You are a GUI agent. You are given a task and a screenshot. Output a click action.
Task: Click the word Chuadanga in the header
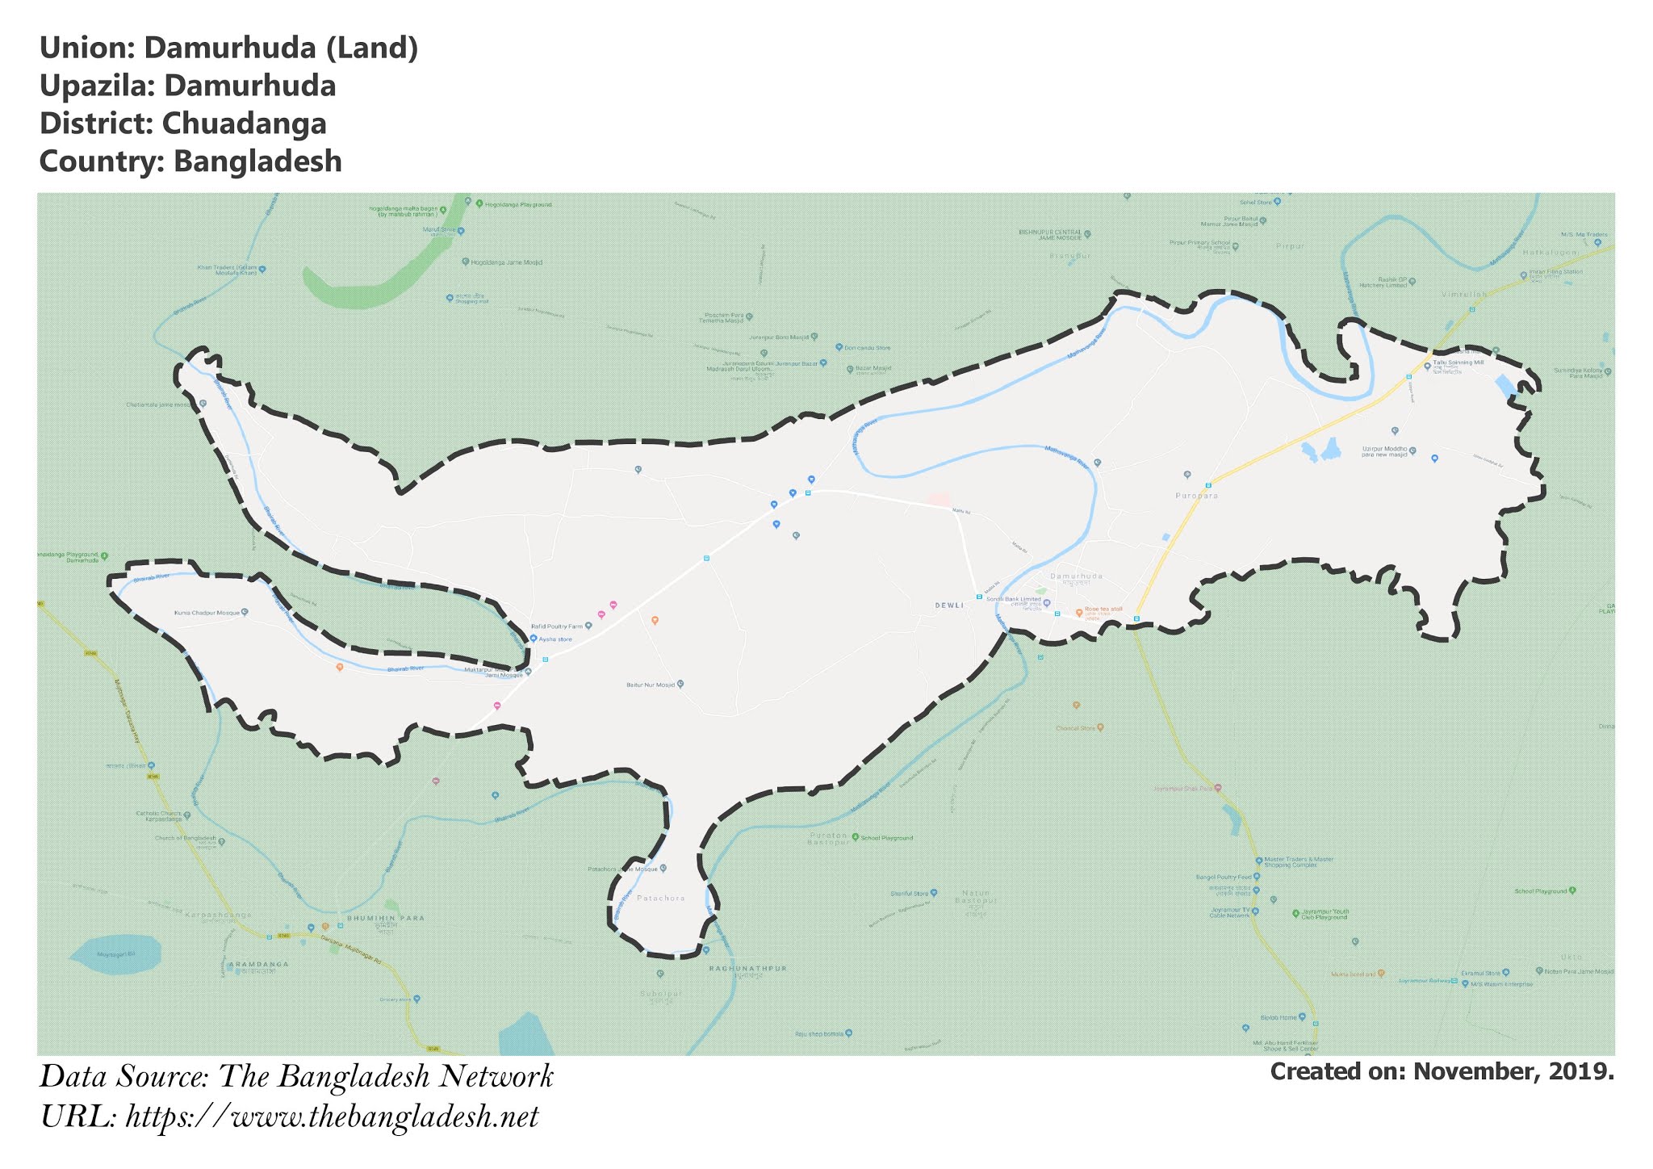click(244, 124)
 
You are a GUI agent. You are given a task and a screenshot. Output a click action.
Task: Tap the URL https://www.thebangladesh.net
click(332, 1117)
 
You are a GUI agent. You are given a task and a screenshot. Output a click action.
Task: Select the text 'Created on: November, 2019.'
click(1442, 1071)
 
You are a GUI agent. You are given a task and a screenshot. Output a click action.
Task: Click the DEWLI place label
click(949, 605)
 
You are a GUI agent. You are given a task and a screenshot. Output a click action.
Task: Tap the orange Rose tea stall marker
click(1079, 613)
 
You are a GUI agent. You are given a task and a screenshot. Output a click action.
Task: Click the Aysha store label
click(555, 639)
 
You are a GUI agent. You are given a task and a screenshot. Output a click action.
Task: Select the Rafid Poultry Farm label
click(557, 626)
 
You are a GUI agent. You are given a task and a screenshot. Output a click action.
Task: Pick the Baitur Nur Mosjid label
click(650, 685)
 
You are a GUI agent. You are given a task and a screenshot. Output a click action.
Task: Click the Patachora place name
click(660, 898)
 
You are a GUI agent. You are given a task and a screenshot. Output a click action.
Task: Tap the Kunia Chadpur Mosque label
click(207, 613)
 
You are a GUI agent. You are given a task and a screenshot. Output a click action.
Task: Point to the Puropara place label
click(1196, 496)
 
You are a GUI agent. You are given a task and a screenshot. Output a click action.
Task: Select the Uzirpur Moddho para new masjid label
click(1384, 451)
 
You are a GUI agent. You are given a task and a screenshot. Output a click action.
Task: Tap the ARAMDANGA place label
click(257, 964)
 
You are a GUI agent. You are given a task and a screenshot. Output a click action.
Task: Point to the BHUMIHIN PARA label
click(385, 918)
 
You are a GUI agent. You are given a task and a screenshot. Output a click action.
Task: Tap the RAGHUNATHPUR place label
click(747, 968)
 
